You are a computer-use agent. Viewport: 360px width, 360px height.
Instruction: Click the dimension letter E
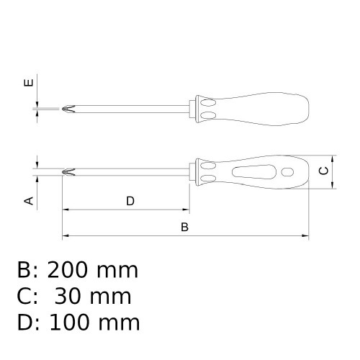(x=29, y=83)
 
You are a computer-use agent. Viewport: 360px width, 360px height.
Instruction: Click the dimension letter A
(x=30, y=201)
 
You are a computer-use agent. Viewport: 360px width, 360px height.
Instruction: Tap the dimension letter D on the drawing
(x=130, y=201)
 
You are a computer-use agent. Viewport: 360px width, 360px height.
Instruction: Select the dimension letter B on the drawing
(x=184, y=227)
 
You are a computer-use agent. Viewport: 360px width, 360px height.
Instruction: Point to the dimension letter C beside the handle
(x=324, y=171)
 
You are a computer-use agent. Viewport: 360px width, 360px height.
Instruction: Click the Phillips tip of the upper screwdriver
(x=68, y=109)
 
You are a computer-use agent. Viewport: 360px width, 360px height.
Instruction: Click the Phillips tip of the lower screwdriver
(x=68, y=172)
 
